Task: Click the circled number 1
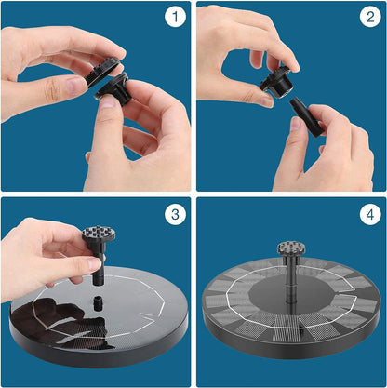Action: click(x=174, y=18)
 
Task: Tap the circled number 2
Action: click(x=368, y=18)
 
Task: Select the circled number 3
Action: click(x=174, y=214)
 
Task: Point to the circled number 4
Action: click(x=368, y=214)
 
